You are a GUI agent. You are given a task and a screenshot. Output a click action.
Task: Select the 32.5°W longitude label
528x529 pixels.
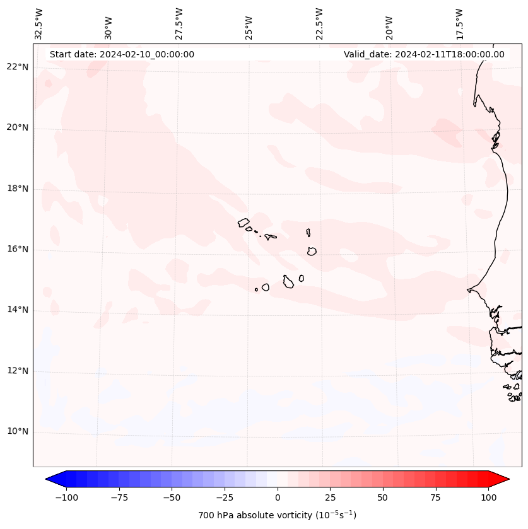[39, 23]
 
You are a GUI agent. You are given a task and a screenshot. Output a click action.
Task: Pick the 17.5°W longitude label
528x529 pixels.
[459, 23]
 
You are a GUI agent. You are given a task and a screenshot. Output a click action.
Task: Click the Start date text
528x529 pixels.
[122, 54]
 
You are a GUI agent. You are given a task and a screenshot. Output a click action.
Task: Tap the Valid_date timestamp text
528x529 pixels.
[424, 54]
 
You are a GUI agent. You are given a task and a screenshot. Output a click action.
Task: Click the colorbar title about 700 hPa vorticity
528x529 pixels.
[278, 515]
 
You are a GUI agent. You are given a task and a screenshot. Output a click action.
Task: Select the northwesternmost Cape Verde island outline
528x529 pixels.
[243, 222]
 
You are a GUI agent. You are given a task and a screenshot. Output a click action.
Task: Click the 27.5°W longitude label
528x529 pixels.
[179, 23]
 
